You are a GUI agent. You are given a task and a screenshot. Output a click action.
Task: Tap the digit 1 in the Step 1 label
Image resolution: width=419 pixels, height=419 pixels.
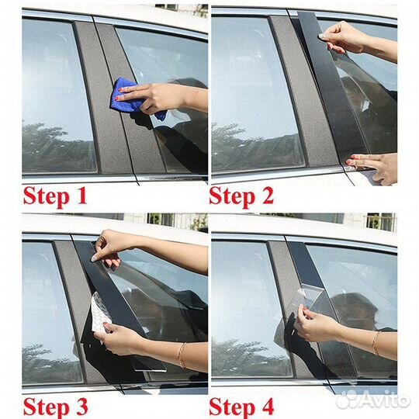coord(82,196)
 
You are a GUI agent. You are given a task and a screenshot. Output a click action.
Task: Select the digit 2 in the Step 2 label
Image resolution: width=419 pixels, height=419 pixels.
coord(268,196)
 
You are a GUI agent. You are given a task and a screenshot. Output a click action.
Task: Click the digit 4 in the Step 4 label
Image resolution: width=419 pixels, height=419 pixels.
coord(267,406)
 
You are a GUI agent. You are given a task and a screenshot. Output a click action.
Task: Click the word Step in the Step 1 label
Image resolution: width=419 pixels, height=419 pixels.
coord(47,198)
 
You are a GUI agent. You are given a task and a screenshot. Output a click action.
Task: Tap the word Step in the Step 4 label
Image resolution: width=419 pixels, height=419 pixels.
coord(232,408)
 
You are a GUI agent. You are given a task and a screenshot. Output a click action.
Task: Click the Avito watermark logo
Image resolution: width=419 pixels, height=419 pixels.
coord(372,400)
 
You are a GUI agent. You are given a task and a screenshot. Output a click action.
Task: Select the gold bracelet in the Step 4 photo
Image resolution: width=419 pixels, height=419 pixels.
coord(376,344)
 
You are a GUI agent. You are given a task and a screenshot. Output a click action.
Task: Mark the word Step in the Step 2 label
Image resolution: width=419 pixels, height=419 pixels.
coord(232,198)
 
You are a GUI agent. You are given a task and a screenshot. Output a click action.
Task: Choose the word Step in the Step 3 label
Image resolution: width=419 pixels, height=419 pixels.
coord(47,408)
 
